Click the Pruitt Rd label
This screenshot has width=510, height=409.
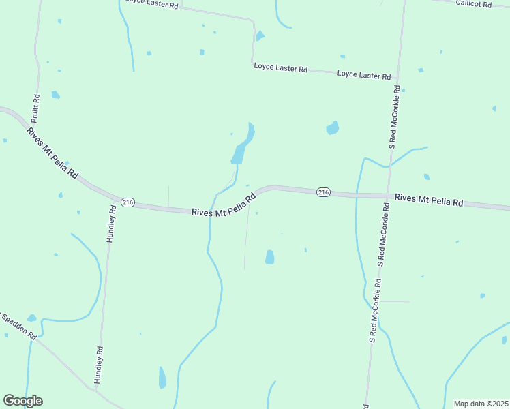coord(36,107)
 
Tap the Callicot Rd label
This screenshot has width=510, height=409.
coord(475,4)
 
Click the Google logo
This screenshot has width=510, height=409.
coord(22,401)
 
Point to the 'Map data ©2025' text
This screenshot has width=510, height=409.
coord(480,404)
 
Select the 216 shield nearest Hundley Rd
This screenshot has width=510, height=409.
coord(127,202)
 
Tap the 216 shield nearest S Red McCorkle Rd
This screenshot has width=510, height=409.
coord(324,193)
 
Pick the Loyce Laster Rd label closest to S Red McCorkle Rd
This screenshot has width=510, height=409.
coord(364,75)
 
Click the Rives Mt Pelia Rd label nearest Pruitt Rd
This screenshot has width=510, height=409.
coord(52,153)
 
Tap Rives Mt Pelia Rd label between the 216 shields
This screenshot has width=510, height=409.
coord(223,204)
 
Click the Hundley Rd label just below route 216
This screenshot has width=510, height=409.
coord(111,225)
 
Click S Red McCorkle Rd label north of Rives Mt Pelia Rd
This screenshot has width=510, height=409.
coord(393,117)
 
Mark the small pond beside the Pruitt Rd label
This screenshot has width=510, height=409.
coord(55,95)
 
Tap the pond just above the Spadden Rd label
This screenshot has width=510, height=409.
coord(31,318)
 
